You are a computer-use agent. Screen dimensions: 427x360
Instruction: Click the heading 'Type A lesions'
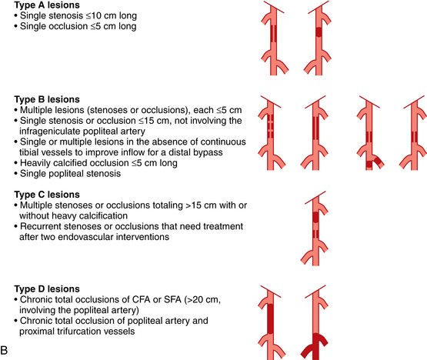point(47,5)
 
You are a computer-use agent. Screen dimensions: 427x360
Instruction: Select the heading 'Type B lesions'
point(47,99)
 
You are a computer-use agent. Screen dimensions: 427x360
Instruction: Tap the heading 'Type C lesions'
point(47,195)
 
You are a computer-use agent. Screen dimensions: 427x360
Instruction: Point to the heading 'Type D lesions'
point(47,289)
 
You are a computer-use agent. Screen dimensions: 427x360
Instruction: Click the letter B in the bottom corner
point(4,350)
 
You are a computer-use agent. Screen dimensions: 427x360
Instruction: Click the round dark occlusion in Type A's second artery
point(319,32)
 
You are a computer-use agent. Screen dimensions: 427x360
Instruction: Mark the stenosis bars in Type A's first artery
point(274,34)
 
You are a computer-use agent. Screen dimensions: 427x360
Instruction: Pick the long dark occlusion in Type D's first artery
point(270,318)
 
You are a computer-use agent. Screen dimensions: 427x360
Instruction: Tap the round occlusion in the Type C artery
point(315,217)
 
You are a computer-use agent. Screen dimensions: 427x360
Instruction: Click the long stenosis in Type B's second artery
point(315,128)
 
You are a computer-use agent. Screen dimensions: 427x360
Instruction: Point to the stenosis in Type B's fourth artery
point(414,137)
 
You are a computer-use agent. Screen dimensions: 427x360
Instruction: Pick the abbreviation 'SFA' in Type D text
point(172,299)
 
